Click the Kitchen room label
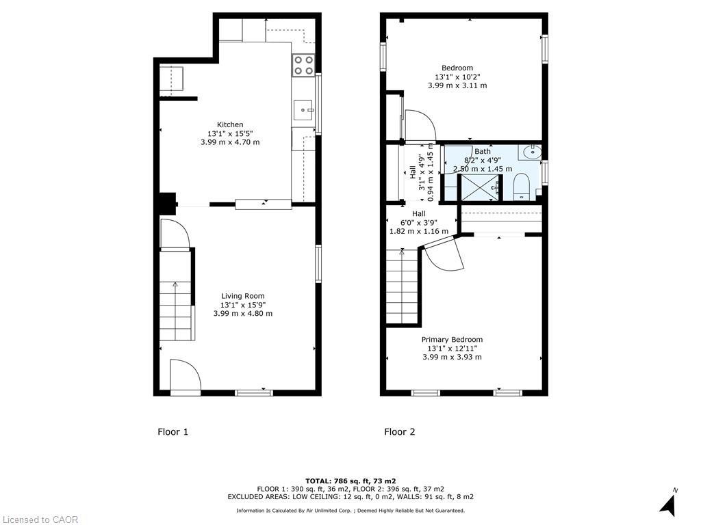click(230, 124)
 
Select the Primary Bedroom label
click(452, 340)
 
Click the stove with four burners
click(303, 65)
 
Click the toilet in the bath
click(522, 187)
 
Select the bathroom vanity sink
click(529, 152)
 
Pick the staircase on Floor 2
click(402, 287)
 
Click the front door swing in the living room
click(184, 376)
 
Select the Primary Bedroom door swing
click(443, 256)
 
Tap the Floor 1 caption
click(173, 432)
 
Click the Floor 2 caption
click(399, 432)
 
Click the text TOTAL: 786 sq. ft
click(350, 481)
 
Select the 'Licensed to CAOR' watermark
click(40, 520)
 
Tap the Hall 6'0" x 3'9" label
click(419, 222)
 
